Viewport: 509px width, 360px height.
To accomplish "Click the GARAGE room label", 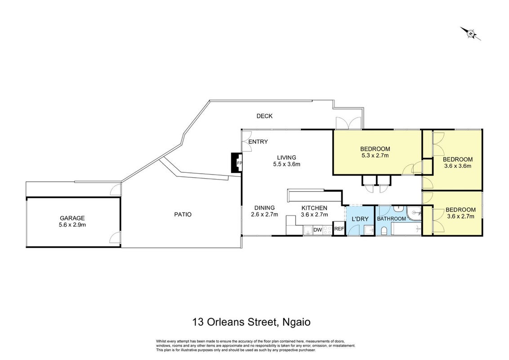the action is click(72, 218).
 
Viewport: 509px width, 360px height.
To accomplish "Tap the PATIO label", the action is click(183, 215).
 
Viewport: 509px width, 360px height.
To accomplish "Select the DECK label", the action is click(264, 116).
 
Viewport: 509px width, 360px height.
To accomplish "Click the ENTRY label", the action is click(258, 142).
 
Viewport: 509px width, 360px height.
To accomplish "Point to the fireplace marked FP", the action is click(237, 163).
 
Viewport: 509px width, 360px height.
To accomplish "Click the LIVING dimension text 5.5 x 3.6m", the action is click(286, 164).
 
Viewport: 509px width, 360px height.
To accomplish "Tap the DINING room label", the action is click(264, 208).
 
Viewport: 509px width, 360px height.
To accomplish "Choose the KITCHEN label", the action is click(314, 208).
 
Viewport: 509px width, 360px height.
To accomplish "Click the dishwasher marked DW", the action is click(317, 229).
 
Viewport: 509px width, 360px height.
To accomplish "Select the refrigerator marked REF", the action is click(339, 229).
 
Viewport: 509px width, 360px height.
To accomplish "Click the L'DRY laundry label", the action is click(360, 219).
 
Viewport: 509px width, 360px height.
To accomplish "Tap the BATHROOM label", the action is click(391, 219).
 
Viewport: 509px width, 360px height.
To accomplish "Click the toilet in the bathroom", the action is click(384, 231).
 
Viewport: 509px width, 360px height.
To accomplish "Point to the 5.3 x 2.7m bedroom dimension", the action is click(375, 155).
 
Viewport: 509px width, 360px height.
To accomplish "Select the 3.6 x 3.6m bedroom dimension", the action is click(458, 166).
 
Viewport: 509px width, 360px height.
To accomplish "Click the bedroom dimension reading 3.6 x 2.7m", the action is click(460, 216).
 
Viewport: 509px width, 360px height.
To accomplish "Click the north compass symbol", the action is click(470, 33).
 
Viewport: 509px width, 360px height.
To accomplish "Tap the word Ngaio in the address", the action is click(296, 322).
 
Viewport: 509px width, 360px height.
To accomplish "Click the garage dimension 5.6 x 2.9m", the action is click(72, 225).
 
